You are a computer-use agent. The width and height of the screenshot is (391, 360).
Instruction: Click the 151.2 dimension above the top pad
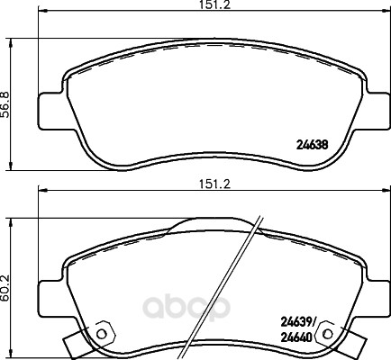point(215,5)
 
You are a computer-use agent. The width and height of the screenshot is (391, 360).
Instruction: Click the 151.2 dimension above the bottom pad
point(215,184)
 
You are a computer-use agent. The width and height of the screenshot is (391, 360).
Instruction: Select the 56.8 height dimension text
point(6,104)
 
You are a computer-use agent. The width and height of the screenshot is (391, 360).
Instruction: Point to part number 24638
point(312,145)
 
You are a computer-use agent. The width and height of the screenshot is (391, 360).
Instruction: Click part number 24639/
point(298,323)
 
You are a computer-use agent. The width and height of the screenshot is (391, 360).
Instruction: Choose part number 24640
point(296,338)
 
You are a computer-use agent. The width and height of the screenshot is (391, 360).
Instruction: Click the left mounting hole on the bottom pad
point(103,334)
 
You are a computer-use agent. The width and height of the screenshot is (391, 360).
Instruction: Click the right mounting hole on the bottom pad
point(328,334)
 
